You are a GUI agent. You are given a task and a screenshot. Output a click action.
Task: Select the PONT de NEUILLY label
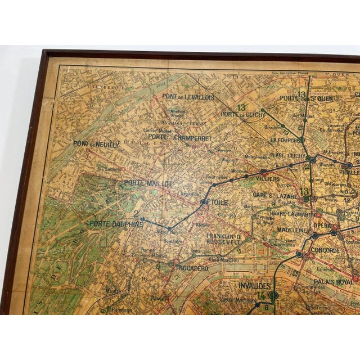tap(96, 144)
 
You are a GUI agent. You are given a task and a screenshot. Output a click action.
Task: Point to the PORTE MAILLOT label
tap(148, 183)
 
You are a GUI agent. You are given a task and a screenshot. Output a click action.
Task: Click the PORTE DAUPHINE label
tap(116, 223)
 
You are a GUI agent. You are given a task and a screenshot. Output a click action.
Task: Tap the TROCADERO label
tap(192, 268)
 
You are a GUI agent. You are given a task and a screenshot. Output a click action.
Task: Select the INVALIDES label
tap(254, 285)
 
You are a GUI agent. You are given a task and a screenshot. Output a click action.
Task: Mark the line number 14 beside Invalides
tap(260, 296)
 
